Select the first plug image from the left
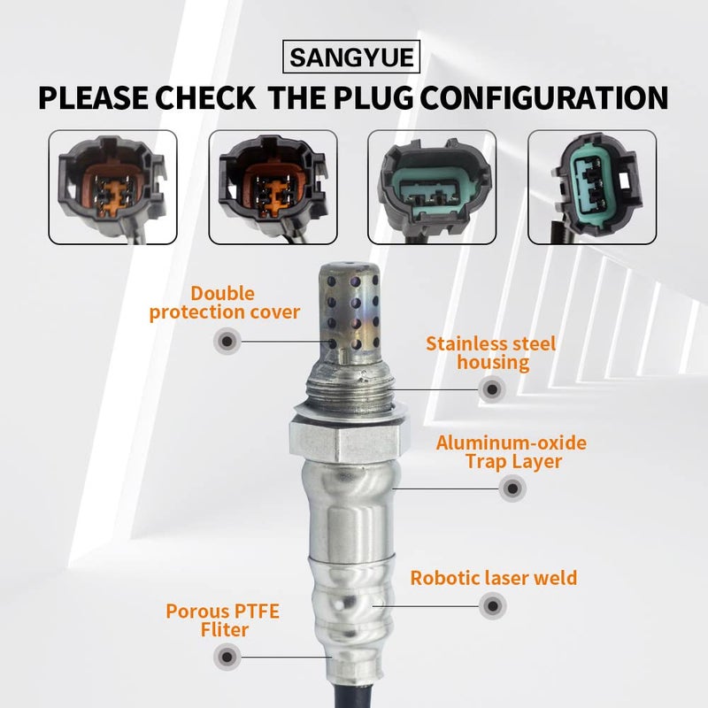click(x=112, y=187)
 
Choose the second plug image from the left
click(x=272, y=187)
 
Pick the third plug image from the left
click(x=432, y=187)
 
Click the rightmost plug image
click(x=591, y=187)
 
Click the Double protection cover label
click(x=225, y=303)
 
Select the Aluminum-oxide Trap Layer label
click(x=511, y=451)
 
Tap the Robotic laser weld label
click(x=494, y=579)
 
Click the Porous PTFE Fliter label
click(x=208, y=620)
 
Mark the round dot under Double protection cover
click(x=227, y=340)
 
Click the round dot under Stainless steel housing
click(x=490, y=388)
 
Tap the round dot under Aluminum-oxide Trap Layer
click(x=511, y=488)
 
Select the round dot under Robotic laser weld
click(x=490, y=607)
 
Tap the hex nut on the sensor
click(x=349, y=436)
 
